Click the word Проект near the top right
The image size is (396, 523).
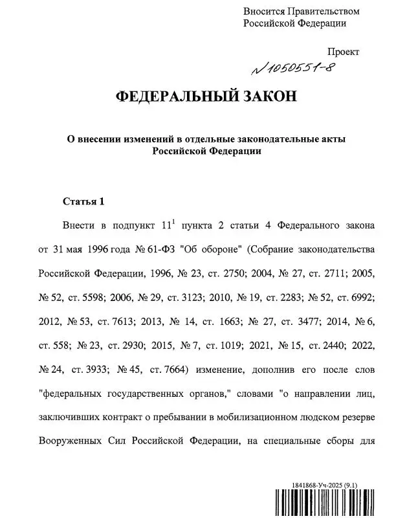click(342, 52)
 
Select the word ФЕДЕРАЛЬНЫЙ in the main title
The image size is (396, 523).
click(168, 96)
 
